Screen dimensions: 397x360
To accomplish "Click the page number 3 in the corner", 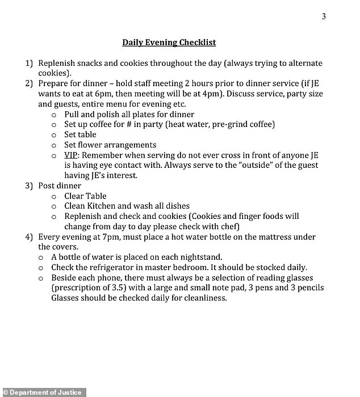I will click(324, 16).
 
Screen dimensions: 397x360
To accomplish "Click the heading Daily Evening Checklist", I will click(169, 42).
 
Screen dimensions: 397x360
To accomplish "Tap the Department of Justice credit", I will click(43, 392).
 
